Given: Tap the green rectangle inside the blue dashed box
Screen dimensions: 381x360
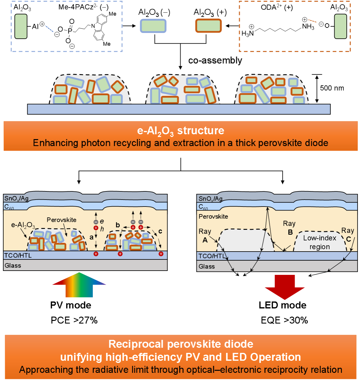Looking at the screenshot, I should click(21, 26).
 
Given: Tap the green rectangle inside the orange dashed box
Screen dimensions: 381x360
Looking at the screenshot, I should click(340, 26).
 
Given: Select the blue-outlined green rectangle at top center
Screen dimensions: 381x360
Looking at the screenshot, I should click(153, 26).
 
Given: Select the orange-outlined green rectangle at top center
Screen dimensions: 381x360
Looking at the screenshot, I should click(208, 26).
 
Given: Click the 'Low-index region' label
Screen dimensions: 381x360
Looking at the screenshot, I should click(319, 242).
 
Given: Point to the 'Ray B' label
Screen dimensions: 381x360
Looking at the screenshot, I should click(290, 228).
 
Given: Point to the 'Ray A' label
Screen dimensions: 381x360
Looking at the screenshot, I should click(205, 236).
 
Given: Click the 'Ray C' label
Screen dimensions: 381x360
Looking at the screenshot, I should click(348, 235).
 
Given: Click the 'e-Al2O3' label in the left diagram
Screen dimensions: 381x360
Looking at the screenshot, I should click(23, 225).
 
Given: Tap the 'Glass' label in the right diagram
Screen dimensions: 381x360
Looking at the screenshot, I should click(207, 266).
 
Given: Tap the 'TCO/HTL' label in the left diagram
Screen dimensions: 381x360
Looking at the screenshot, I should click(18, 256).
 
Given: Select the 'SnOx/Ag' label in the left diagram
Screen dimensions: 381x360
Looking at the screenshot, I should click(16, 198).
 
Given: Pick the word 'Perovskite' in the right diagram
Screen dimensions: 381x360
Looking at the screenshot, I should click(213, 217).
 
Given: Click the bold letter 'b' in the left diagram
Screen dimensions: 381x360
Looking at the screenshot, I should click(118, 225).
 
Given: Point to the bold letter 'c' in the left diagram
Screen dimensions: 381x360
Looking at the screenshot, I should click(160, 231).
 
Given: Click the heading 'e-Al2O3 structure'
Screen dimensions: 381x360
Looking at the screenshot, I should click(181, 131).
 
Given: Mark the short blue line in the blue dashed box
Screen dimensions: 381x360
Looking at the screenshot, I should click(49, 29).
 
